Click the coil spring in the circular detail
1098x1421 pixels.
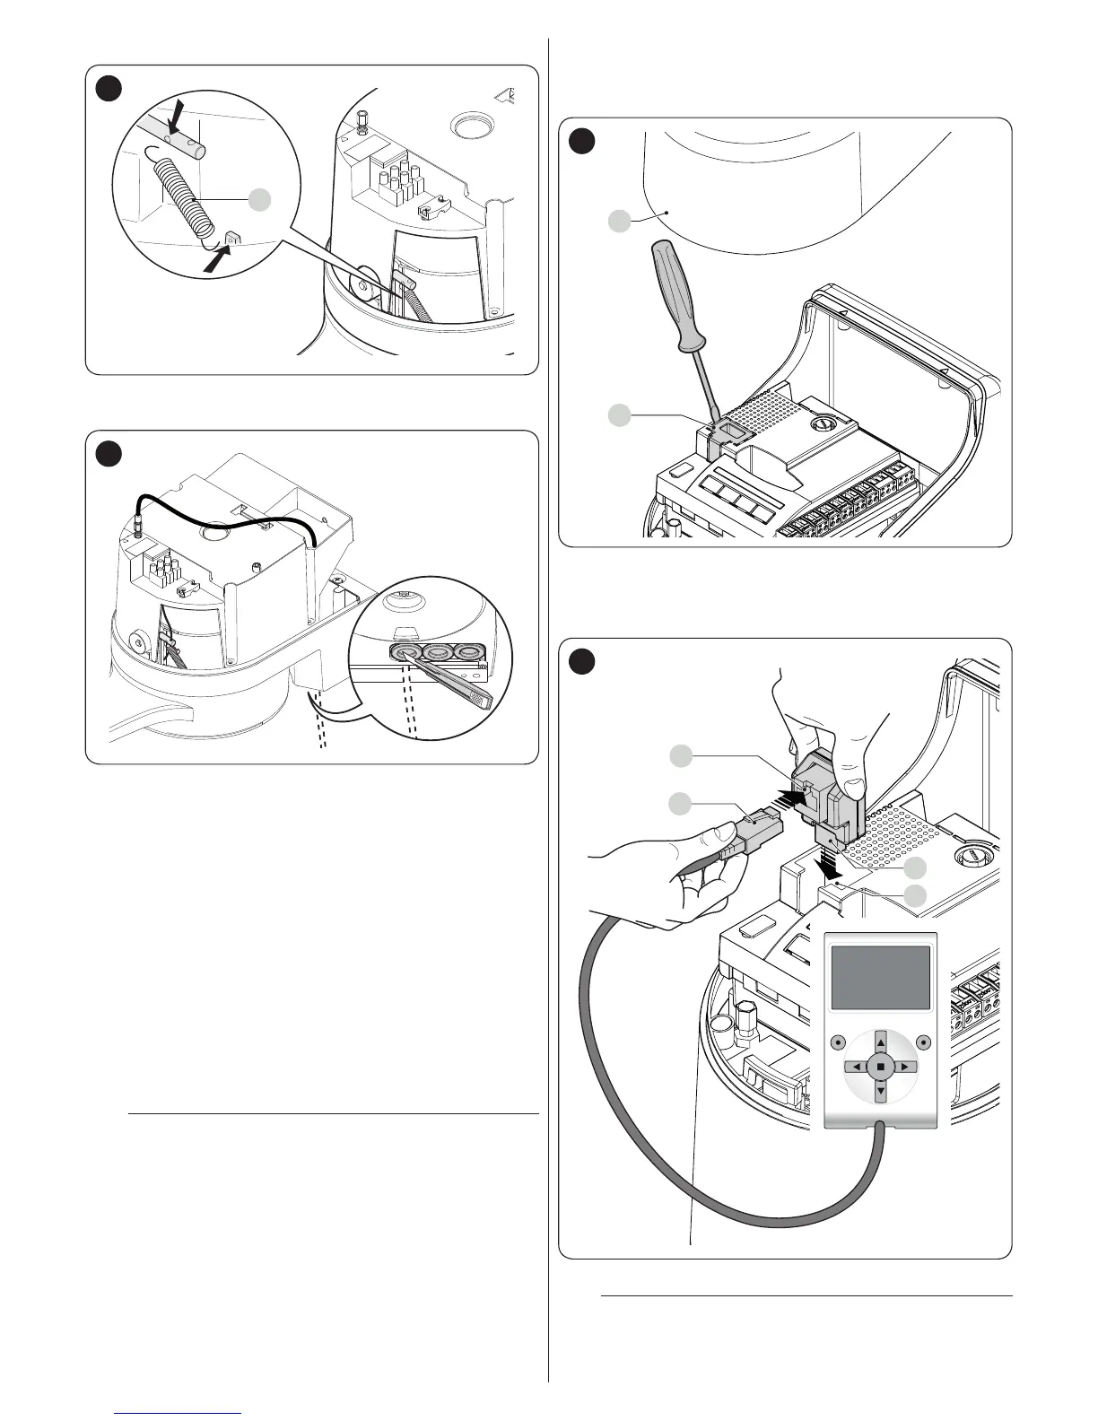pos(179,198)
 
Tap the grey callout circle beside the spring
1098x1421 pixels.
pos(259,200)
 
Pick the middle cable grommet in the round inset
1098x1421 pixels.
pos(437,652)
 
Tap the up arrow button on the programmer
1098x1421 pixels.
pos(881,1042)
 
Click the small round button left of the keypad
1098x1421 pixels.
pos(837,1042)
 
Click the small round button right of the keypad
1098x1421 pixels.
pos(924,1042)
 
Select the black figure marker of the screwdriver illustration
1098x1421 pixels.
pos(582,141)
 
